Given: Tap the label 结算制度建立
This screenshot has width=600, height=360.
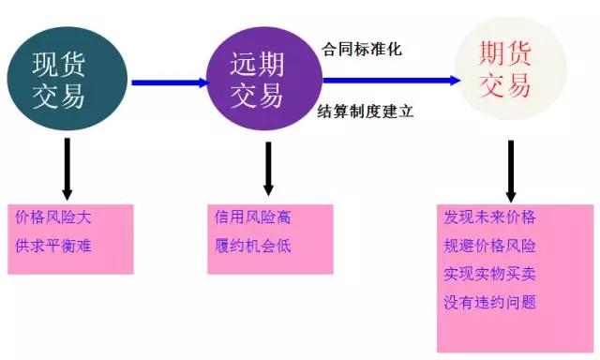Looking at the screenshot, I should (367, 112).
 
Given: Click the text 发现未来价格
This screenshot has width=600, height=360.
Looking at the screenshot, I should (489, 217).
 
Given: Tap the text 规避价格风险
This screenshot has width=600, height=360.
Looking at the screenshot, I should (489, 246).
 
